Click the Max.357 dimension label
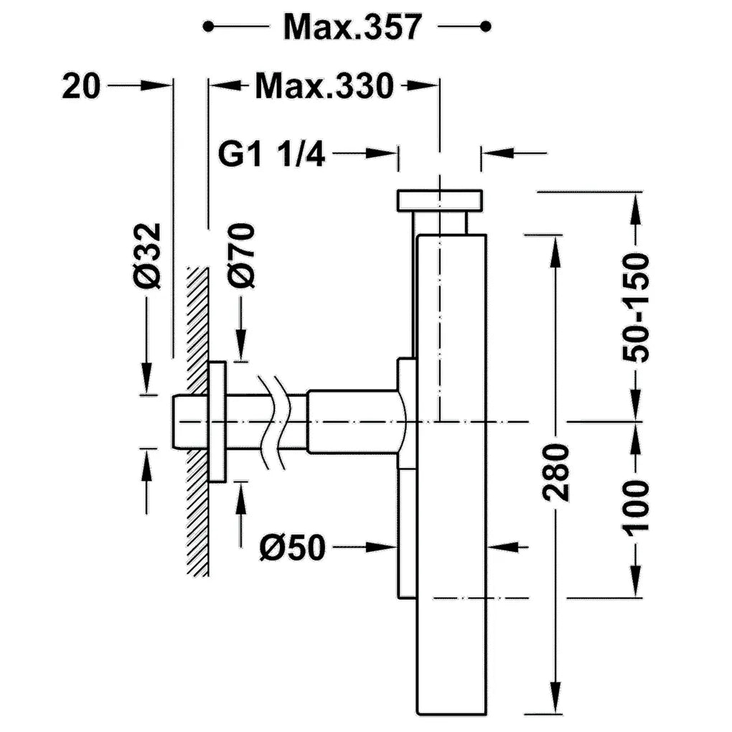pyautogui.click(x=352, y=27)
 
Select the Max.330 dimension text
pyautogui.click(x=324, y=86)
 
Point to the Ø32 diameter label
pyautogui.click(x=146, y=256)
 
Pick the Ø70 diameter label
pyautogui.click(x=241, y=256)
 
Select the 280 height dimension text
pyautogui.click(x=555, y=474)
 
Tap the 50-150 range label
pyautogui.click(x=635, y=307)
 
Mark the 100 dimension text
pyautogui.click(x=635, y=507)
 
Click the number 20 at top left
pyautogui.click(x=81, y=86)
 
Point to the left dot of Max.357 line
pyautogui.click(x=208, y=27)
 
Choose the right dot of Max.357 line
pyautogui.click(x=486, y=27)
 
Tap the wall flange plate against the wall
pyautogui.click(x=217, y=421)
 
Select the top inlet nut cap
pyautogui.click(x=439, y=200)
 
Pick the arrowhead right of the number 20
pyautogui.click(x=156, y=85)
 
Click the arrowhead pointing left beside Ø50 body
pyautogui.click(x=502, y=547)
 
